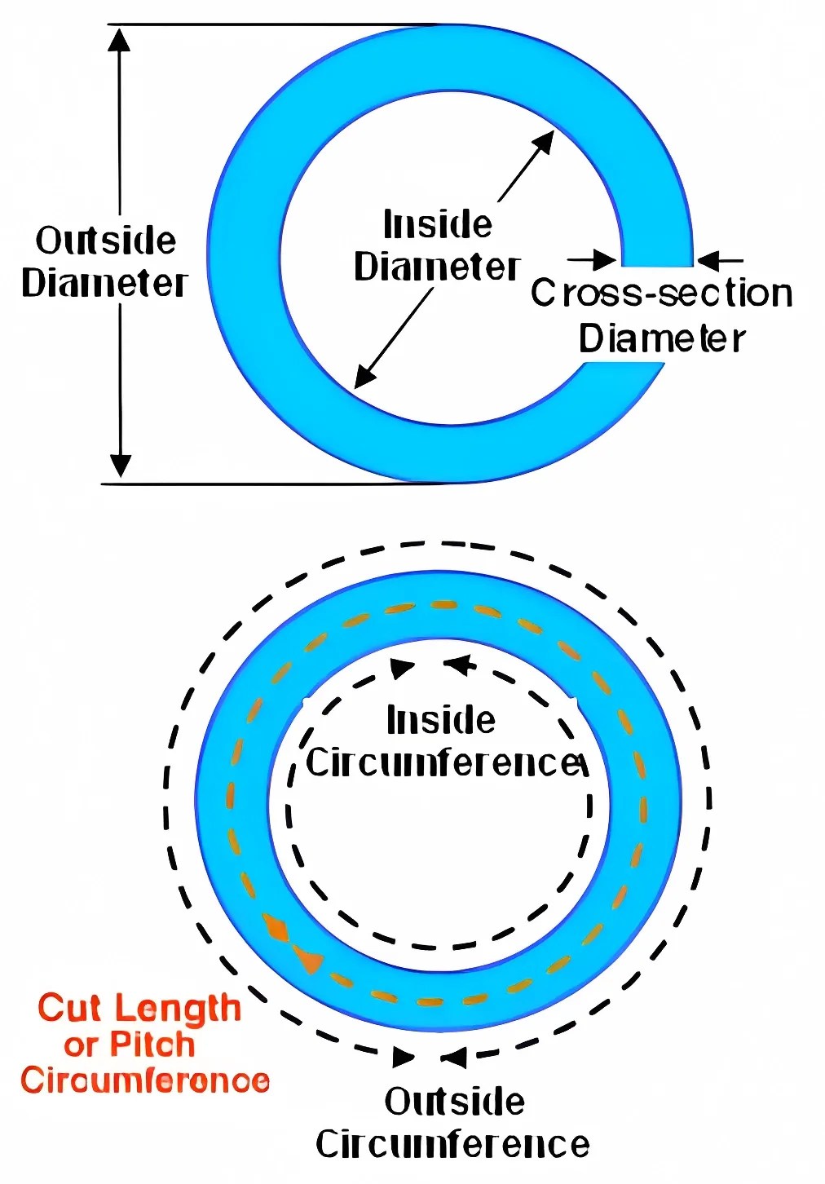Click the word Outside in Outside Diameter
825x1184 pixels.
click(106, 241)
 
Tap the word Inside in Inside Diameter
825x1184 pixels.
click(438, 224)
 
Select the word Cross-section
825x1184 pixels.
click(662, 294)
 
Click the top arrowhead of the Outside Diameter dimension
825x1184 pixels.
click(121, 40)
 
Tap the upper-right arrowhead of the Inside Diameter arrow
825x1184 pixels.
click(543, 143)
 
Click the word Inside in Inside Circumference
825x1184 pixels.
click(441, 721)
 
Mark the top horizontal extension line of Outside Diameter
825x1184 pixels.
click(272, 24)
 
